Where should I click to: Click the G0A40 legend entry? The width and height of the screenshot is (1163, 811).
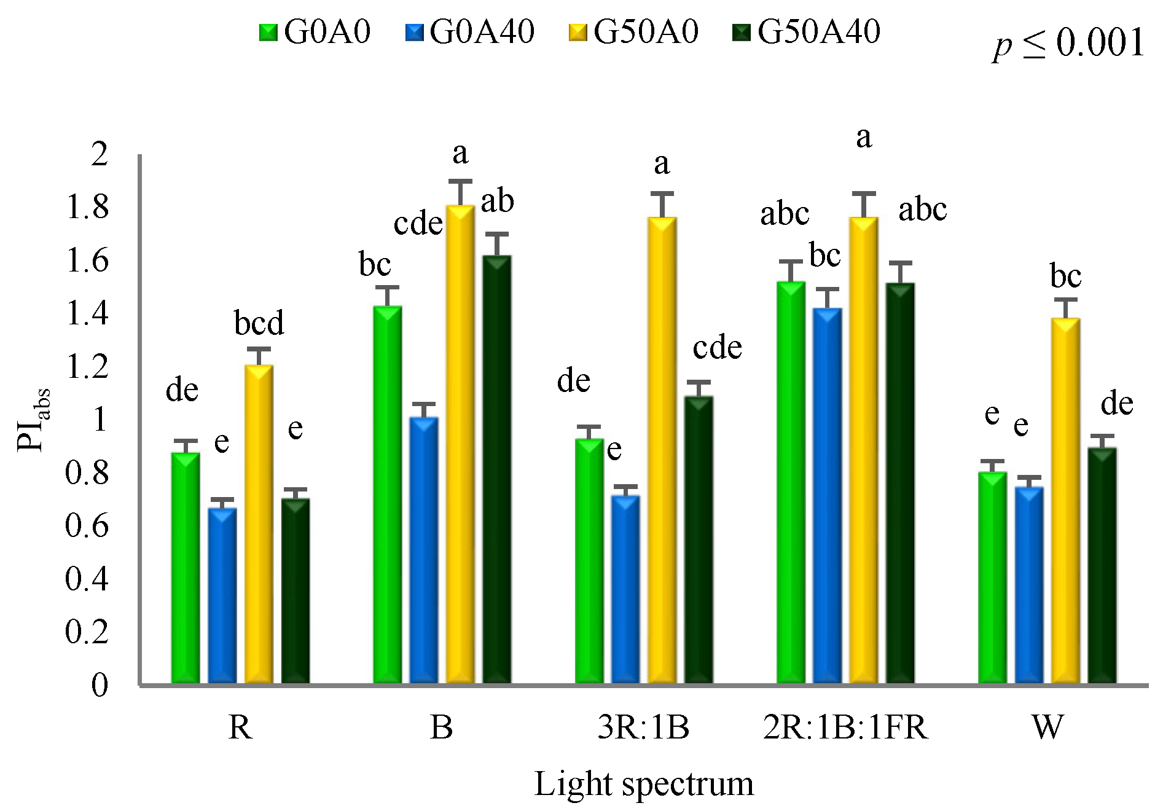tap(471, 31)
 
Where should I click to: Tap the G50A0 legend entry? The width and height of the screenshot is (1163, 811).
tap(634, 31)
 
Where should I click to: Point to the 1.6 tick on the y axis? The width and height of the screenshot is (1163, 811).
tap(87, 260)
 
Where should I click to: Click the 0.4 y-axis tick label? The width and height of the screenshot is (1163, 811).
tap(87, 578)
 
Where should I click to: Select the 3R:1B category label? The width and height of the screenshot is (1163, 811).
tap(643, 727)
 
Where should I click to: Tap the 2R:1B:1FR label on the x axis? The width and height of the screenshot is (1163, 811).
tap(845, 727)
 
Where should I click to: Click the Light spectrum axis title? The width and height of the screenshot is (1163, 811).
tap(643, 784)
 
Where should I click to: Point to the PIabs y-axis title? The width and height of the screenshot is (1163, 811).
tap(33, 420)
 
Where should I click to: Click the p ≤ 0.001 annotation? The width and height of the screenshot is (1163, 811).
tap(1068, 43)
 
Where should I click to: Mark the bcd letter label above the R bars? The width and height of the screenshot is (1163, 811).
tap(259, 323)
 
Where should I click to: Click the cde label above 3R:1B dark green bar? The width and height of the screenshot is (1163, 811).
tap(717, 348)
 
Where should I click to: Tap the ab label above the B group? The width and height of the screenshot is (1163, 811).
tap(497, 201)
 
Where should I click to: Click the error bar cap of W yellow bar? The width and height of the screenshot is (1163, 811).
tap(1065, 300)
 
